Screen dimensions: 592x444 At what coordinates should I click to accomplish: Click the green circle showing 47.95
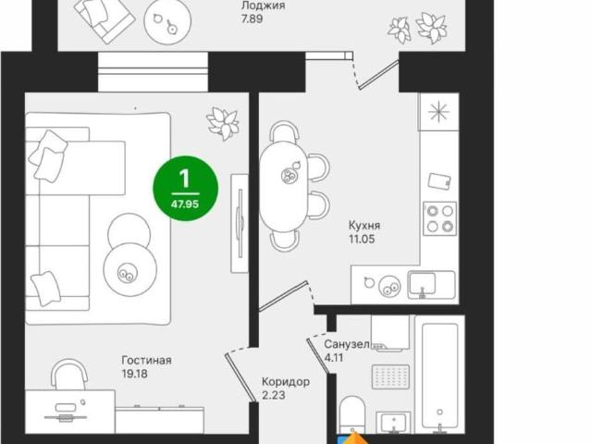click(x=185, y=189)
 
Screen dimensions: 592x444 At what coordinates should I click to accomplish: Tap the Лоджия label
click(x=263, y=6)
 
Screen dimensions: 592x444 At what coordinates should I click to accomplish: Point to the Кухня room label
click(x=364, y=226)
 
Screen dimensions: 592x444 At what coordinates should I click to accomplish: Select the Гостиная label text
click(x=146, y=360)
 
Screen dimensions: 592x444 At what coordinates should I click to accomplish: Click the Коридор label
click(x=286, y=382)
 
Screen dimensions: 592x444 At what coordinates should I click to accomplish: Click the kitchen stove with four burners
click(x=439, y=218)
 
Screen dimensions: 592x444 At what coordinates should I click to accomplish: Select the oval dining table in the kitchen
click(x=284, y=186)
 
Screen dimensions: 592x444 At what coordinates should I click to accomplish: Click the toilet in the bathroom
click(x=352, y=414)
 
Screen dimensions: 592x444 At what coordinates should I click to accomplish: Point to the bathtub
click(x=440, y=377)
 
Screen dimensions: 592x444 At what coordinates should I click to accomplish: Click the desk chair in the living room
click(x=69, y=374)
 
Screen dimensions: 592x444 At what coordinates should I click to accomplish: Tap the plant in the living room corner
click(x=223, y=123)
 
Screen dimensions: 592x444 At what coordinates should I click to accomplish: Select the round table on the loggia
click(x=167, y=21)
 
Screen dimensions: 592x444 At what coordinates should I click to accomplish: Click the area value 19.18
click(x=135, y=374)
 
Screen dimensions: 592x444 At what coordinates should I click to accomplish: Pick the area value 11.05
click(x=362, y=239)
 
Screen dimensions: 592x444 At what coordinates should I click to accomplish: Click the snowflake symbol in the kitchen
click(x=438, y=112)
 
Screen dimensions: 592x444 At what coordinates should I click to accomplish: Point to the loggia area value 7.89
click(x=253, y=18)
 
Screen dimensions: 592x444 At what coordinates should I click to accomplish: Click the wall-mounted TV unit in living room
click(x=240, y=223)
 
